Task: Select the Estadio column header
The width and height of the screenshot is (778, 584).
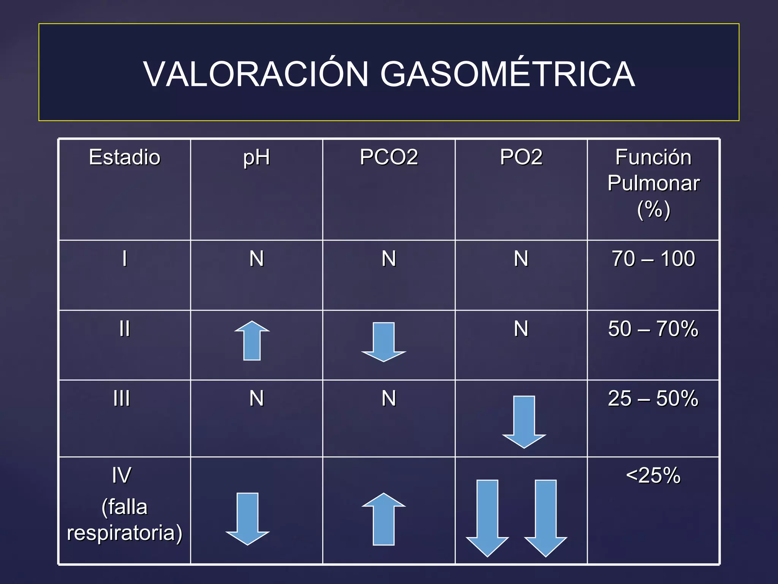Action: pyautogui.click(x=125, y=157)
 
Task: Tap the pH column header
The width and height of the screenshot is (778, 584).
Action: pyautogui.click(x=256, y=157)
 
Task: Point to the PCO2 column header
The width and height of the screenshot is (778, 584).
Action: pyautogui.click(x=389, y=157)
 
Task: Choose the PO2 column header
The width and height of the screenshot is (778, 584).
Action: pyautogui.click(x=521, y=157)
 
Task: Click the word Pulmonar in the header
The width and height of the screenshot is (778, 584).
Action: pyautogui.click(x=653, y=183)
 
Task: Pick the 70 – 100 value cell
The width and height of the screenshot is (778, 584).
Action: pyautogui.click(x=653, y=259)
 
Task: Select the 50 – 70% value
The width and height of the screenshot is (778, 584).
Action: pyautogui.click(x=653, y=328)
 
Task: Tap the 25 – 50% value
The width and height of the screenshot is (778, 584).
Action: pyautogui.click(x=653, y=398)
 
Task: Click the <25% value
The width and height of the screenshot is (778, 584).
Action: pyautogui.click(x=653, y=475)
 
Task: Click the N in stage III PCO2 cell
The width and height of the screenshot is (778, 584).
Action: pyautogui.click(x=389, y=398)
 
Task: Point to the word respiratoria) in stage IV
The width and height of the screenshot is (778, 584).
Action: pyautogui.click(x=125, y=533)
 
